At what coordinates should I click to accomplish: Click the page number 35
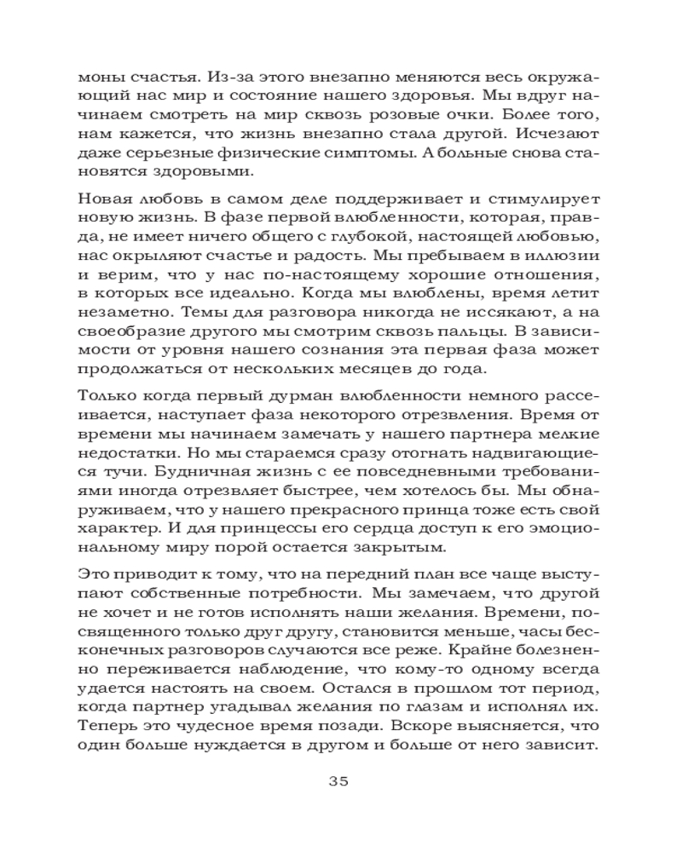(x=340, y=782)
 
